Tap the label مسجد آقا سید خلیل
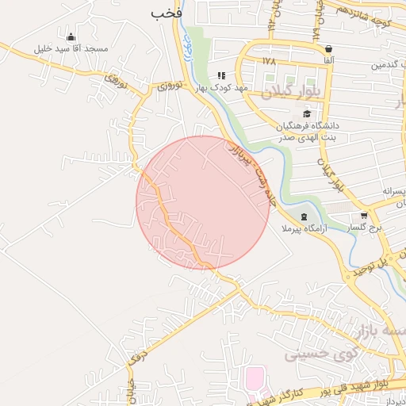[x=70, y=48]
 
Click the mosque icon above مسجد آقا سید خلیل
[x=71, y=36]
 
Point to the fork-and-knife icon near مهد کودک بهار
[x=221, y=75]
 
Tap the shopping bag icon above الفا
[x=328, y=48]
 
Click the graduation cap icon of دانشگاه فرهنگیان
[x=307, y=114]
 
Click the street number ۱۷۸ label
[x=268, y=59]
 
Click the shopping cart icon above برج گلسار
[x=364, y=215]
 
